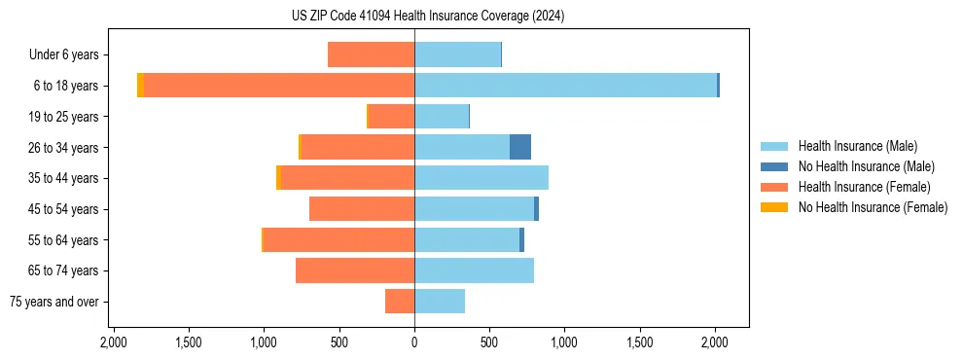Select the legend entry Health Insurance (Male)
[856, 146]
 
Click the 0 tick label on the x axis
[414, 342]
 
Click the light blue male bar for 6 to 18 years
[565, 86]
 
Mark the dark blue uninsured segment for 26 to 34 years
[520, 147]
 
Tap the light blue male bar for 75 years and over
[440, 302]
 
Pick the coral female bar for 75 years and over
[400, 302]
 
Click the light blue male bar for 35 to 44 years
[481, 178]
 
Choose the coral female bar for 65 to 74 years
[355, 270]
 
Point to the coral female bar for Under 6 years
[371, 55]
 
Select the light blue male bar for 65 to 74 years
[474, 270]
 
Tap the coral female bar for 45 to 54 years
[362, 209]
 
